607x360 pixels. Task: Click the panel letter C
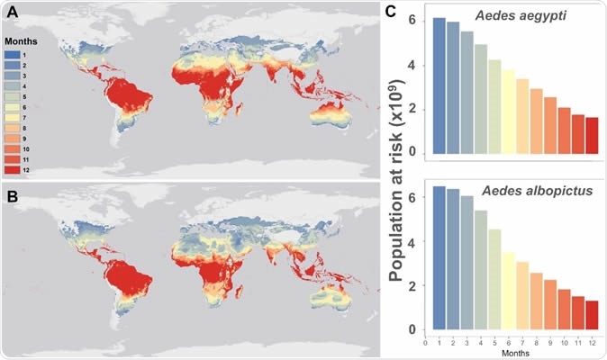[388, 12]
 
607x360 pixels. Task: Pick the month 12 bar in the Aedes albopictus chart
[591, 313]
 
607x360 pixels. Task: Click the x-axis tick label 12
[591, 343]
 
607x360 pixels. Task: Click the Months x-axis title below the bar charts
[514, 354]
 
